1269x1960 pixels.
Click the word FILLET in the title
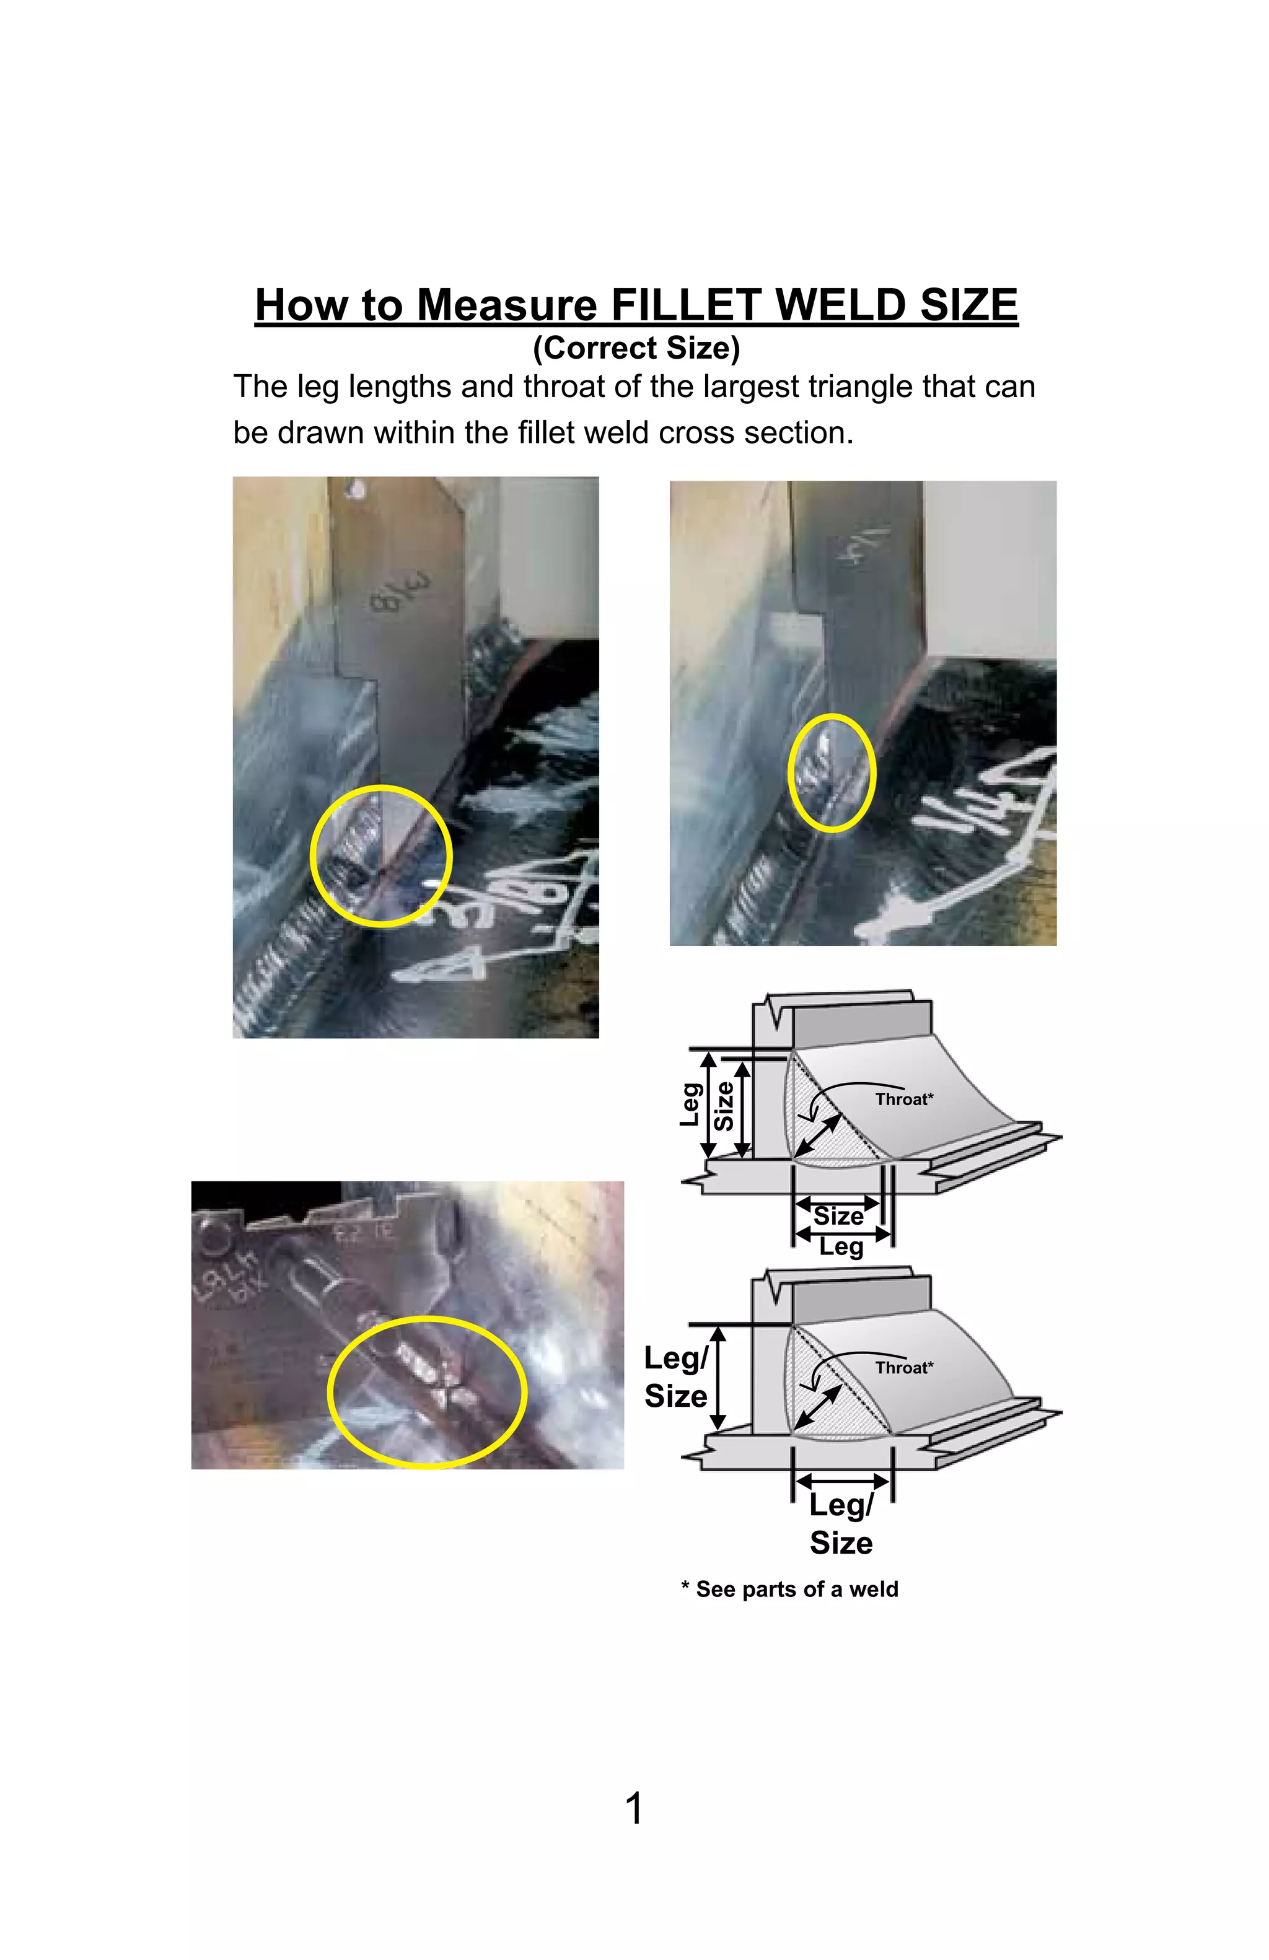pyautogui.click(x=688, y=305)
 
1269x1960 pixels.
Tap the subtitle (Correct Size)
pyautogui.click(x=636, y=348)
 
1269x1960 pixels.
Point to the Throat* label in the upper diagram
pyautogui.click(x=903, y=1100)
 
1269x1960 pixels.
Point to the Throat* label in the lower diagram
pyautogui.click(x=903, y=1368)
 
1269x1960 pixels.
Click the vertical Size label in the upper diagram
pyautogui.click(x=723, y=1106)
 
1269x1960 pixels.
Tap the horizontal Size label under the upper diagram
pyautogui.click(x=838, y=1217)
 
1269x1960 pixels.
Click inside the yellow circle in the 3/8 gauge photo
pyautogui.click(x=381, y=857)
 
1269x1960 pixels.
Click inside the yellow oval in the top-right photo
pyautogui.click(x=831, y=772)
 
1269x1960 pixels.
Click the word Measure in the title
pyautogui.click(x=506, y=305)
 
